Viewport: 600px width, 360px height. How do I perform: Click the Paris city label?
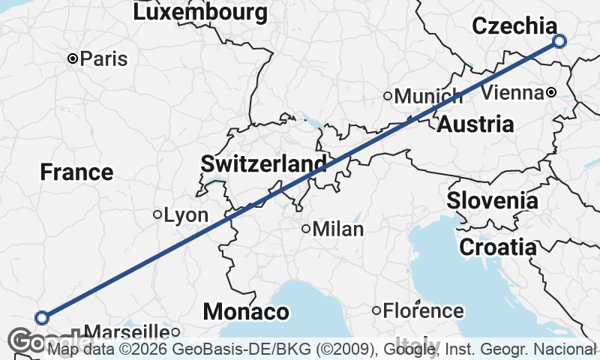[x=104, y=58]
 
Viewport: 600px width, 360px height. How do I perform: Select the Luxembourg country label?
[x=200, y=12]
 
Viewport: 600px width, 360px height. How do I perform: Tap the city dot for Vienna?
[x=551, y=92]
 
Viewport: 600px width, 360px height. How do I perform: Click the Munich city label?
[x=429, y=96]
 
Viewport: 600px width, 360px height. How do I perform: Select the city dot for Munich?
[x=388, y=95]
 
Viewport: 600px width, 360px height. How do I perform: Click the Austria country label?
[x=475, y=124]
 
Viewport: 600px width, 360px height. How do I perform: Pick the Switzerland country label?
[x=263, y=163]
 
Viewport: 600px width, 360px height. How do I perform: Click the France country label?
[x=76, y=172]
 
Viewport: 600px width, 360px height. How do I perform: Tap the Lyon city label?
[x=186, y=215]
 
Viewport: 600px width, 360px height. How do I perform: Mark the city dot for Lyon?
[x=157, y=214]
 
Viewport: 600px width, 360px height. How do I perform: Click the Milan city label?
[x=338, y=229]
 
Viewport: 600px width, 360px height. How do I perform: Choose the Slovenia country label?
[x=493, y=201]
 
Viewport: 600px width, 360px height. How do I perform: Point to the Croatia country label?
[x=497, y=246]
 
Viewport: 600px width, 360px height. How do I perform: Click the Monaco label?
[x=246, y=311]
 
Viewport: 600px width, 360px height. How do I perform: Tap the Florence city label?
[x=424, y=310]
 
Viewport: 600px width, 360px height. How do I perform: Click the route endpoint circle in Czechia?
[x=559, y=41]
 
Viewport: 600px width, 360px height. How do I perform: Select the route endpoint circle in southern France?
[x=42, y=317]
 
